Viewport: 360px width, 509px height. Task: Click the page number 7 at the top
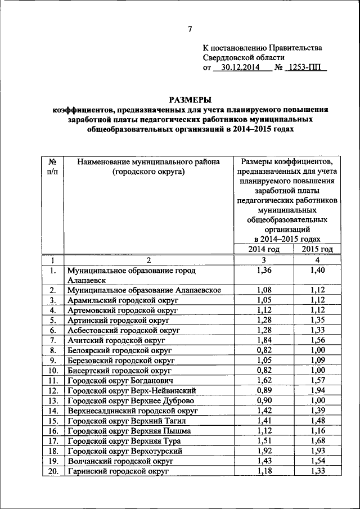pos(190,30)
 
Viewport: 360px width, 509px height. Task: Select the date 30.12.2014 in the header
pos(241,67)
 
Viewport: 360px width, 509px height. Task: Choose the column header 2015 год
pos(317,250)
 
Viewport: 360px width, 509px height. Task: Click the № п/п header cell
pos(52,167)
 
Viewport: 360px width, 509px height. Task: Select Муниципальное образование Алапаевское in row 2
pos(143,290)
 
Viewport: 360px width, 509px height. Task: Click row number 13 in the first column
pos(52,401)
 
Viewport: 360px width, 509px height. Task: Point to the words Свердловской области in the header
pos(244,57)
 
